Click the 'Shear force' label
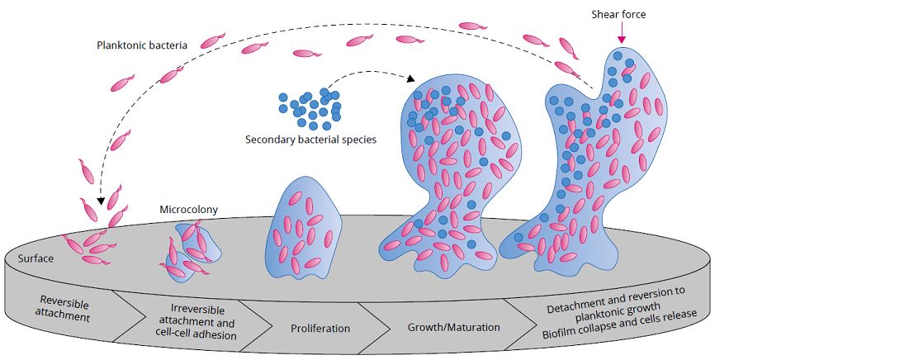point(618,14)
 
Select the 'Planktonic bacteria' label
point(141,43)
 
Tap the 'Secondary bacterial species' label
point(310,140)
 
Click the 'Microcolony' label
point(188,209)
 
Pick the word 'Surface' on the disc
point(36,258)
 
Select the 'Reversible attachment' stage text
point(64,307)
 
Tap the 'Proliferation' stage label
point(320,328)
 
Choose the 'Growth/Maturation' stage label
point(453,327)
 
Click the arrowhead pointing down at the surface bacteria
point(100,199)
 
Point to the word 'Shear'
point(604,14)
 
